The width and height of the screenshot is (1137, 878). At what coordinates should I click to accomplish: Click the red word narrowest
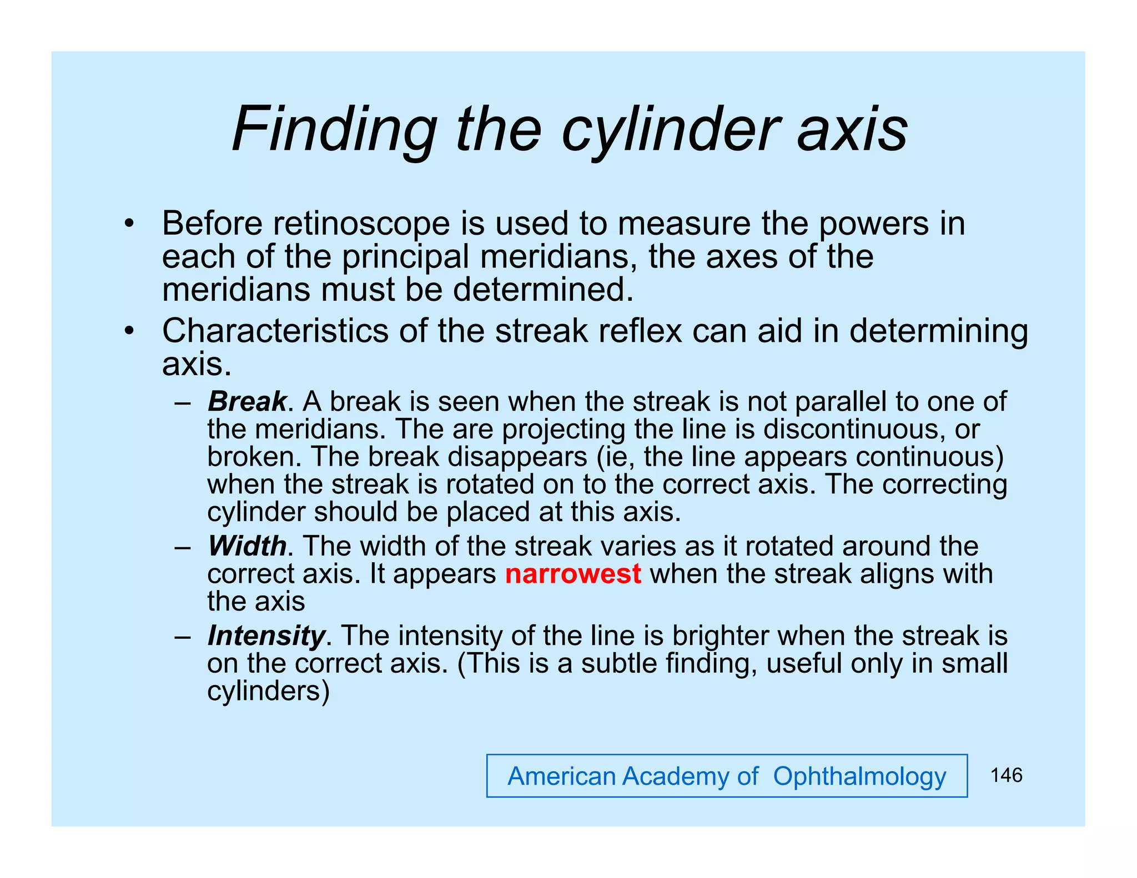coord(573,574)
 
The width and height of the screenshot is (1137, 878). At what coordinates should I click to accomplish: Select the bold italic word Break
coord(247,401)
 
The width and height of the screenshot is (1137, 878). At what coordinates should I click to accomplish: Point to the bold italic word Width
coord(247,546)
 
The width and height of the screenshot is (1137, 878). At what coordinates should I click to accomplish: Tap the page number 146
coord(1006,775)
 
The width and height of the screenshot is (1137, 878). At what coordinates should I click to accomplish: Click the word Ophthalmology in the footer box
coord(859,776)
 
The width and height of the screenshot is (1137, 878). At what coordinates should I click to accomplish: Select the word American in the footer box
coord(562,776)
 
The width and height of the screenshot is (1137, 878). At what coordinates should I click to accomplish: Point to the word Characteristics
coord(275,331)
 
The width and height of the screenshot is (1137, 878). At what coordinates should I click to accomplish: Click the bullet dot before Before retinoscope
coord(129,224)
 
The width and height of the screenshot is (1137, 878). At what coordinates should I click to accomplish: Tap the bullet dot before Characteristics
coord(129,332)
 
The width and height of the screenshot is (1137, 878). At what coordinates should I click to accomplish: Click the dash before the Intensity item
coord(182,637)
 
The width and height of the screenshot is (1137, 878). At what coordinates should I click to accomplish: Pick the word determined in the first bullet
coord(543,290)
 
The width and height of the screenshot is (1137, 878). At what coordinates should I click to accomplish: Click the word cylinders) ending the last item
coord(268,692)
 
